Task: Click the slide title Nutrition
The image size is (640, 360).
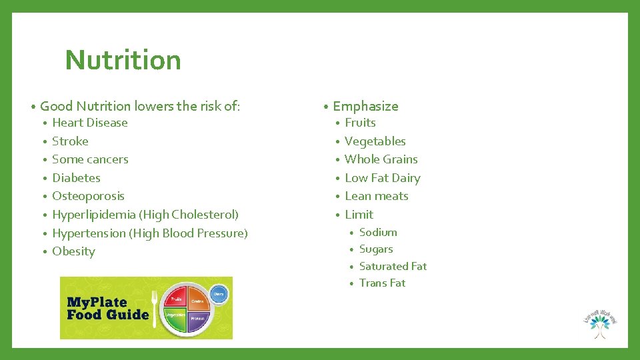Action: (123, 60)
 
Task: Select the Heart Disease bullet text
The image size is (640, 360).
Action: (89, 123)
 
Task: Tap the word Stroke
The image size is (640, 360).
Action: (70, 141)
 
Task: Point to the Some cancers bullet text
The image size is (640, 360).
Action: (90, 159)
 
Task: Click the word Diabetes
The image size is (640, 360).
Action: (76, 178)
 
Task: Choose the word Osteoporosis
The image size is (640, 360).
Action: (88, 196)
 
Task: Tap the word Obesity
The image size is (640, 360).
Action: (73, 251)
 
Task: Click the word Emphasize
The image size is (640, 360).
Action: (365, 106)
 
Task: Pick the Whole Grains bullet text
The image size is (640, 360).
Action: (381, 159)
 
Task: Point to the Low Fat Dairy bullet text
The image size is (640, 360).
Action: (383, 178)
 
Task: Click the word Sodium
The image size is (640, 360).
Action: (378, 233)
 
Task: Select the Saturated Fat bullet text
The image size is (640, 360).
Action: (393, 266)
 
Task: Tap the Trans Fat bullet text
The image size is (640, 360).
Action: (382, 283)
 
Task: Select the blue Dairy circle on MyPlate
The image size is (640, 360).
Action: (219, 293)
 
